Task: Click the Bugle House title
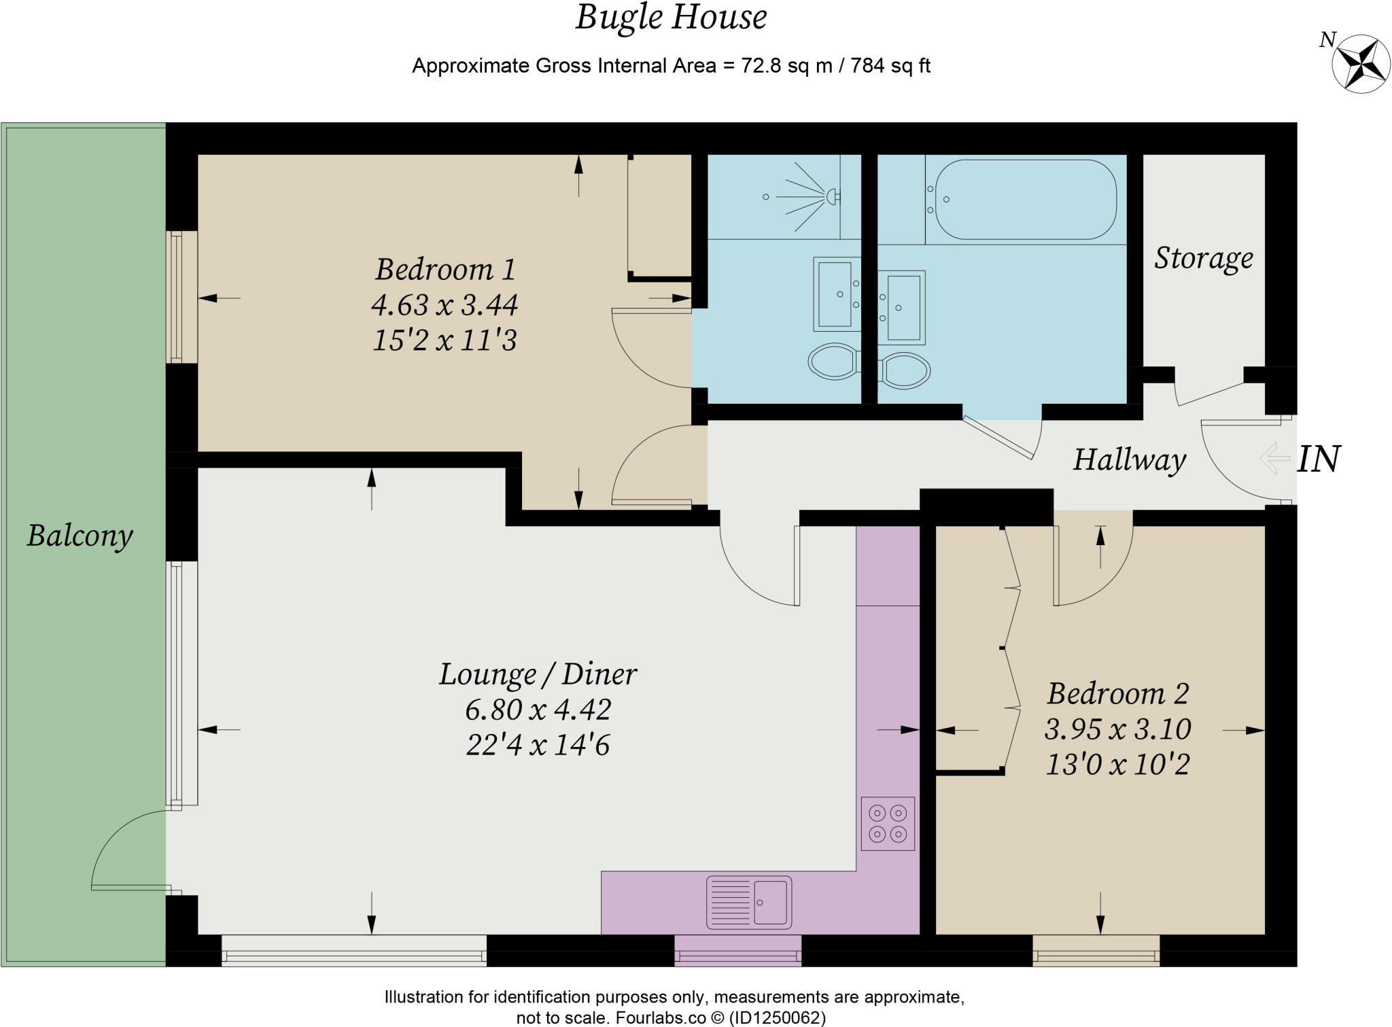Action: [x=671, y=18]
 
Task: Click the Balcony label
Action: [x=80, y=536]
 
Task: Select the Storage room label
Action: [x=1203, y=258]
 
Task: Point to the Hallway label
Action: [x=1130, y=459]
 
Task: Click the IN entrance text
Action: [x=1318, y=459]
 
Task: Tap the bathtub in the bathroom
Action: [x=1025, y=199]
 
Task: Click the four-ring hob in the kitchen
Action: [x=888, y=823]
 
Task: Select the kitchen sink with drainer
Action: [x=749, y=902]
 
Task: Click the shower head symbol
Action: [x=831, y=197]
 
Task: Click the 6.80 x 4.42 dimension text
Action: [x=538, y=710]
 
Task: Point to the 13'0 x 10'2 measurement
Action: [x=1117, y=765]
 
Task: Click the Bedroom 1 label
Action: [x=445, y=269]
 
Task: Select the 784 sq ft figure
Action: [x=890, y=66]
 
